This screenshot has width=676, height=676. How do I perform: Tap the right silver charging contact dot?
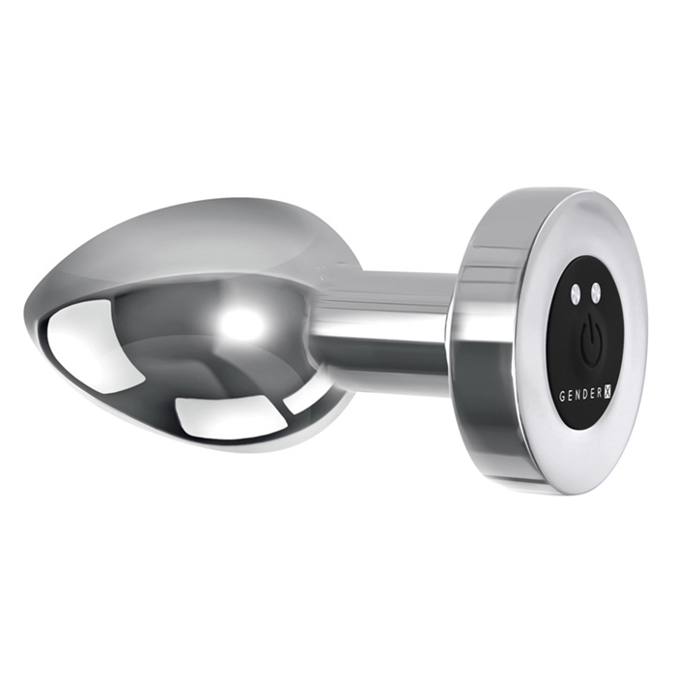(x=596, y=291)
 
